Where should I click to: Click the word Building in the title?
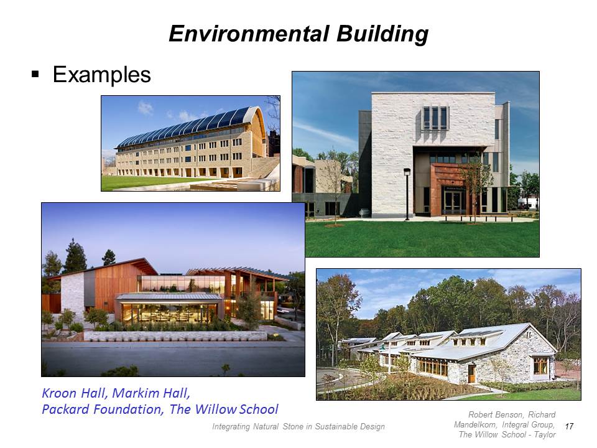(x=382, y=34)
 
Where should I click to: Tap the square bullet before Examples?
(x=35, y=74)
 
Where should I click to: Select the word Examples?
(x=101, y=74)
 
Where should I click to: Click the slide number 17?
(x=569, y=426)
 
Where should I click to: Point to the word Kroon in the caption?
(x=60, y=393)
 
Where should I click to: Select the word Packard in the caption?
(x=66, y=409)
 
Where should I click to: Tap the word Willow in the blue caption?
(x=215, y=409)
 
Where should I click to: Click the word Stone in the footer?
(x=292, y=427)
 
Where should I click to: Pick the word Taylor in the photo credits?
(x=545, y=435)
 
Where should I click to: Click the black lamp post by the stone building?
(x=407, y=194)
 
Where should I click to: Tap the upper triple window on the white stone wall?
(x=435, y=118)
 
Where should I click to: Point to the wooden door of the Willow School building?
(x=472, y=374)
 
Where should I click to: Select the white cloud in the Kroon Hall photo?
(x=145, y=108)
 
